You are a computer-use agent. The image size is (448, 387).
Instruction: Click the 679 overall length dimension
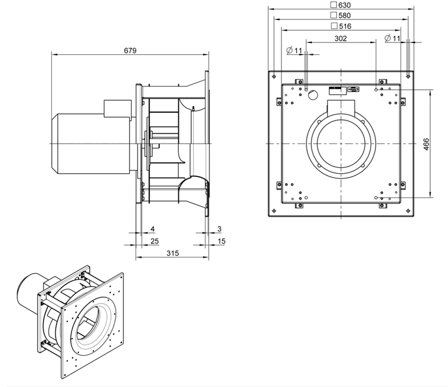coord(130,51)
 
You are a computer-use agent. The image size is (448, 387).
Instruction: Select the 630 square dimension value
coord(344,5)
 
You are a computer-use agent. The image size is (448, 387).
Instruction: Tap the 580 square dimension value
coord(344,15)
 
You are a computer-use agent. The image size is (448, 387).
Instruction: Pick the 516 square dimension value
coord(345,27)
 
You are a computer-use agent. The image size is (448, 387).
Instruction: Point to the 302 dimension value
coord(341,38)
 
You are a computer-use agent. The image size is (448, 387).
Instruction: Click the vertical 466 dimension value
coord(426,144)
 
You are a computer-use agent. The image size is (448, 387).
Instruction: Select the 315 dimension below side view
coord(172,253)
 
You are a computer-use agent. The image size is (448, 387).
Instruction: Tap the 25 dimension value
coord(155,241)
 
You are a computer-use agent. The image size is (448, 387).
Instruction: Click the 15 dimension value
coord(221,241)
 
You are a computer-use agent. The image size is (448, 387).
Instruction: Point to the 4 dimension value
coord(152,229)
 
